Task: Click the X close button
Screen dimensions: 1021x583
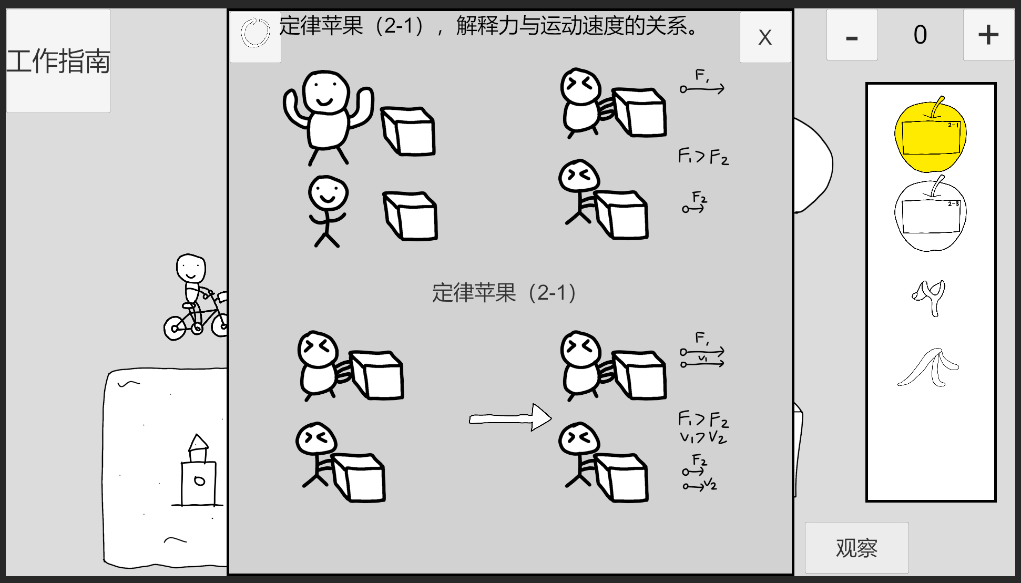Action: (765, 37)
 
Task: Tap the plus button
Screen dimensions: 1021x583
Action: (988, 35)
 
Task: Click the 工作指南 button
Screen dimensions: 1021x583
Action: (58, 61)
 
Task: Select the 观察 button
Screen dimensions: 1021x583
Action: (856, 548)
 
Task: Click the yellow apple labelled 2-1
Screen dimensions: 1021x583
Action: (930, 135)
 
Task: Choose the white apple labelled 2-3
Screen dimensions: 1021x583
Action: (930, 214)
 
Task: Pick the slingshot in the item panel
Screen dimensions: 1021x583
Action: (930, 297)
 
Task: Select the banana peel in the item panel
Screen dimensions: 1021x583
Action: (928, 367)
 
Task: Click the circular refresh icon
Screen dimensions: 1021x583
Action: (255, 33)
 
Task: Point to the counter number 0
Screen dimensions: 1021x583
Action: (920, 35)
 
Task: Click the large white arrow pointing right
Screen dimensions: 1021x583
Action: (510, 418)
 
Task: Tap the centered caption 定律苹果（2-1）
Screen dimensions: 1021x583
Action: (504, 293)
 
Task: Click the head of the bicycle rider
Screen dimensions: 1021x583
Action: (191, 269)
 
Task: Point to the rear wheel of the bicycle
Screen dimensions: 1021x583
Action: (175, 328)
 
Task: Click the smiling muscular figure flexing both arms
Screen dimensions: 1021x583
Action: (328, 117)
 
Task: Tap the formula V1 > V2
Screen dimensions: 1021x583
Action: (703, 437)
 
